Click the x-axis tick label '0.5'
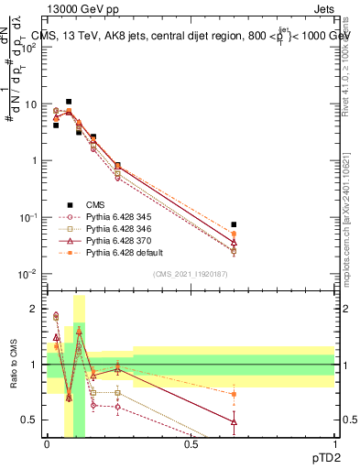191,443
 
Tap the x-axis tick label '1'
334,443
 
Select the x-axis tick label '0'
48,443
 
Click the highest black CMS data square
69,102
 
